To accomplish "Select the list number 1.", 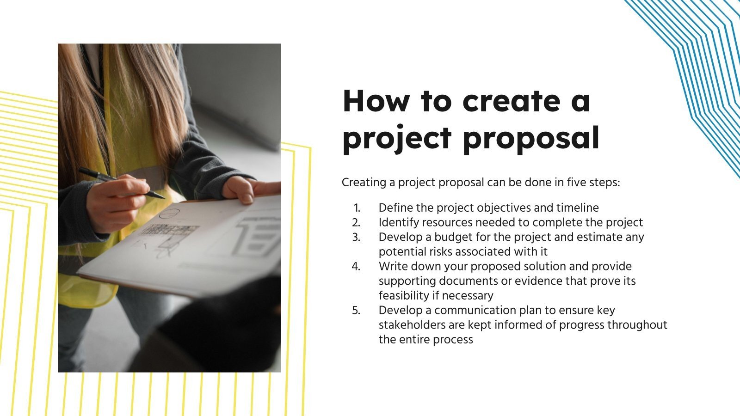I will (x=357, y=208).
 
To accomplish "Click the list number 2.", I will (x=356, y=223).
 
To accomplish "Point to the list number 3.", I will (x=356, y=238).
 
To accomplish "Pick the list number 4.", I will (x=356, y=267).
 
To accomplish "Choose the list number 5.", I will (x=356, y=311).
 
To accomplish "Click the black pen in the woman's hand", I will (x=120, y=182).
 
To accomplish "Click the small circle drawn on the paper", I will (x=168, y=213).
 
